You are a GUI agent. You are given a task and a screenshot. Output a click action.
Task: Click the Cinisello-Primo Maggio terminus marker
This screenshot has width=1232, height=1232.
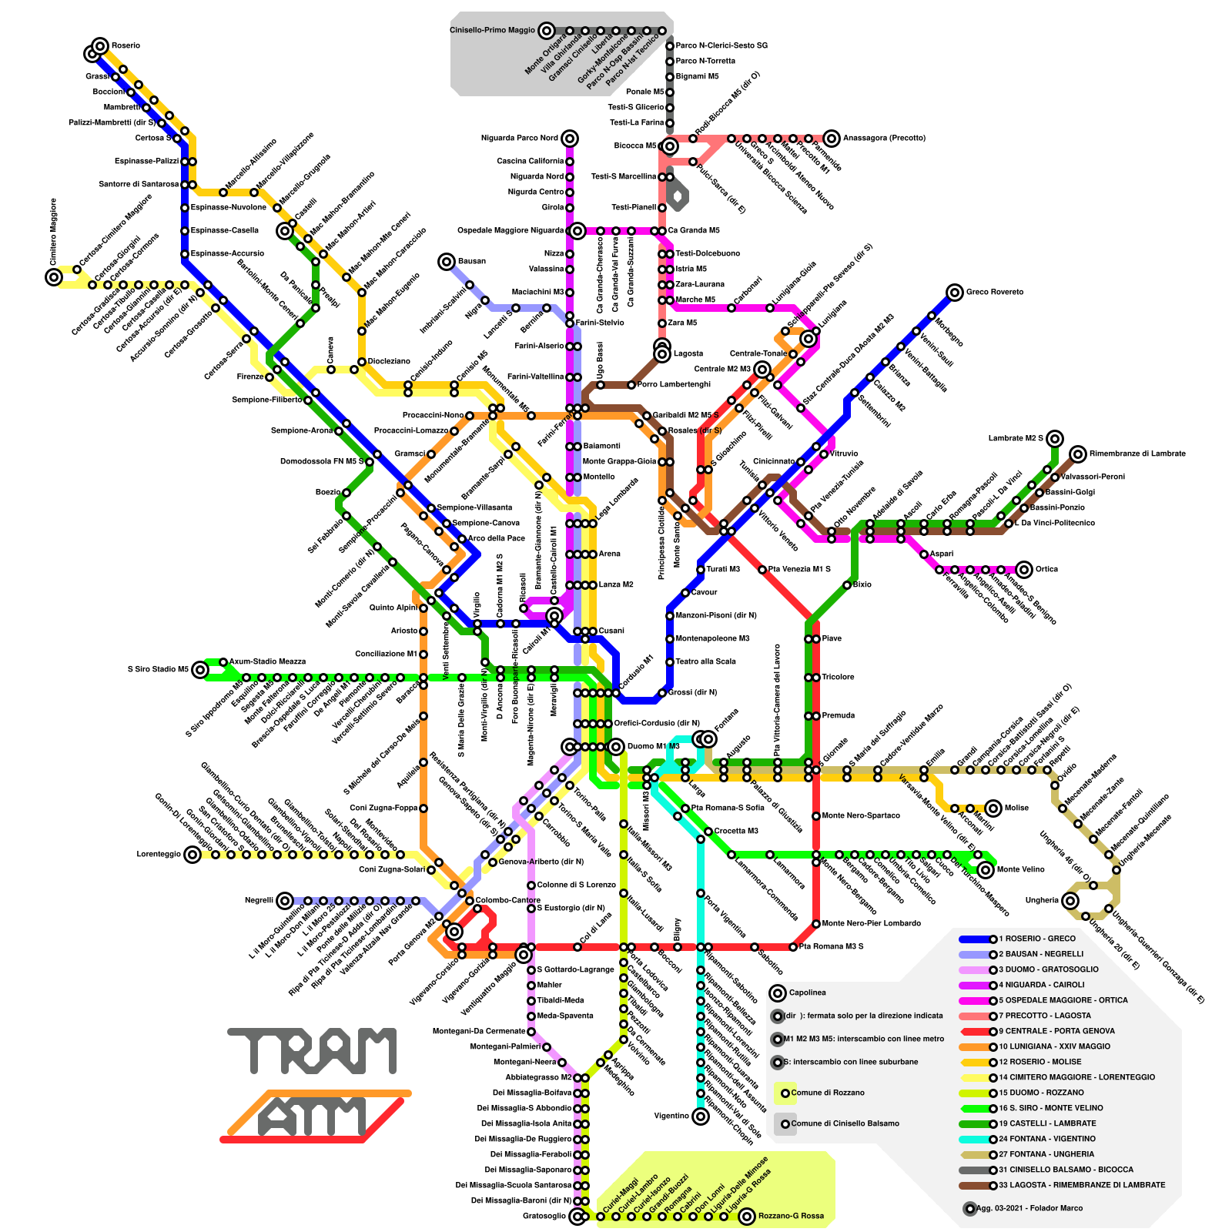tap(546, 31)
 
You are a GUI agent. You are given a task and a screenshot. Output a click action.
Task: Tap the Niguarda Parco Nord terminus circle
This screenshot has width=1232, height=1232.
tap(569, 139)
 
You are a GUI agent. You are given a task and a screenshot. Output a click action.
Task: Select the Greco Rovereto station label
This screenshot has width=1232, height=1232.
tap(994, 293)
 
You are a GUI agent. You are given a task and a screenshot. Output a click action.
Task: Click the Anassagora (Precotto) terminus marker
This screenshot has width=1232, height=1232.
tap(831, 139)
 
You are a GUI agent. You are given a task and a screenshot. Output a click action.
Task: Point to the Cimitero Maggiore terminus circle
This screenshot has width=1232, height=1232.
tap(53, 277)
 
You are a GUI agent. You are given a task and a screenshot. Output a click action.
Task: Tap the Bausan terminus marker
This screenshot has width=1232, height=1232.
tap(446, 262)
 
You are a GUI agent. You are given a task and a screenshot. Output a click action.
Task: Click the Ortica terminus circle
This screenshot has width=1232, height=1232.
tap(1023, 570)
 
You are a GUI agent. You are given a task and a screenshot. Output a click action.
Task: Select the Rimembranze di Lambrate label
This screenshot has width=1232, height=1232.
tap(1137, 454)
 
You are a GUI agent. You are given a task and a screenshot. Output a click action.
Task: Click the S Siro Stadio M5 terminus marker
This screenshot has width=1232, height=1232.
tap(200, 670)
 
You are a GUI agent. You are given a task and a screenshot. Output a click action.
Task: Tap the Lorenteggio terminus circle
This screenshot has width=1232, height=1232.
tap(192, 855)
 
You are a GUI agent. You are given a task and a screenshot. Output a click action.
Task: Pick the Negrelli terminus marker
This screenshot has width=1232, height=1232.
tap(285, 901)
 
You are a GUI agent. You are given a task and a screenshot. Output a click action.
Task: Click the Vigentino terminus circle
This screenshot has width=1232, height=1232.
tap(700, 1116)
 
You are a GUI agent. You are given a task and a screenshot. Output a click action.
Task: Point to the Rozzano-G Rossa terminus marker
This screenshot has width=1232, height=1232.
tap(746, 1217)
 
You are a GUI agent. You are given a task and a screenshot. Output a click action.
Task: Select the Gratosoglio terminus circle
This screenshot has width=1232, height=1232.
tap(577, 1217)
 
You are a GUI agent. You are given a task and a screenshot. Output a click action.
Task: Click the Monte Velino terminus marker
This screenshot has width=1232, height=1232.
tap(985, 870)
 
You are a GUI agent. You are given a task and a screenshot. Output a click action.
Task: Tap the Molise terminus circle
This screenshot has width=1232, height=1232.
tap(993, 808)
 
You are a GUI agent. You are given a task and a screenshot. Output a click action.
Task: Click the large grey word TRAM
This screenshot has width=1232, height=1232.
tap(312, 1051)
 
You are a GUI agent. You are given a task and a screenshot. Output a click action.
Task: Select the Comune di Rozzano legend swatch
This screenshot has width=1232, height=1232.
tap(785, 1093)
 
